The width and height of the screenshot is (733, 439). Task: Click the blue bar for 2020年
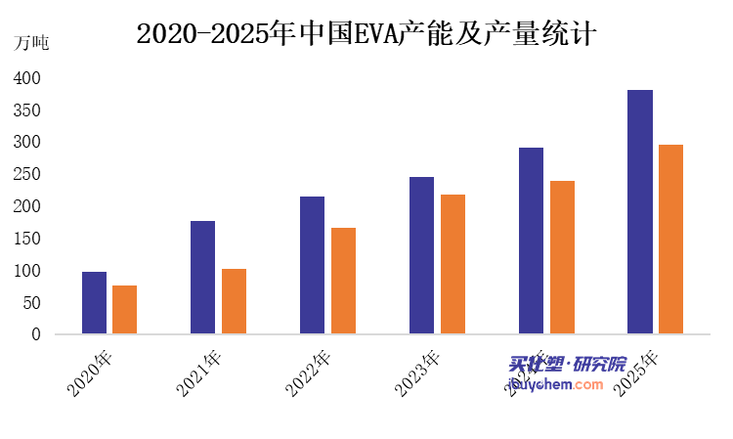click(x=94, y=303)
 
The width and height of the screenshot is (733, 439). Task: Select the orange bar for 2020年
click(x=124, y=310)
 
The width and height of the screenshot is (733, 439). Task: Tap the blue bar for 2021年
click(x=202, y=278)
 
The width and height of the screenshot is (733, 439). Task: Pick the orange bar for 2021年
click(x=234, y=302)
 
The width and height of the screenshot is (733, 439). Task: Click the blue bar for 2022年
click(x=312, y=266)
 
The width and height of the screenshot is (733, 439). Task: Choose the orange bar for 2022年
click(x=343, y=282)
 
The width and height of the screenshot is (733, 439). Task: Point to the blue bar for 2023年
click(x=421, y=256)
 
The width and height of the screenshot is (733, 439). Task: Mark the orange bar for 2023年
click(x=453, y=265)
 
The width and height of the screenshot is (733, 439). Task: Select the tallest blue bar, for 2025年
click(x=640, y=212)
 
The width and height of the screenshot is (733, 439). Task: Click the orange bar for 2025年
click(x=670, y=240)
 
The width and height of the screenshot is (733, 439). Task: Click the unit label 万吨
click(x=31, y=43)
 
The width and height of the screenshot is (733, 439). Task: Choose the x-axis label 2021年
click(x=199, y=373)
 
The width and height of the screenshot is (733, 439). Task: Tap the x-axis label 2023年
click(x=418, y=373)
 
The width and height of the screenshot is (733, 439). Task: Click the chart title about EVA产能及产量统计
click(x=366, y=33)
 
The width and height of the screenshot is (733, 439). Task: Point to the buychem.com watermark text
click(x=557, y=385)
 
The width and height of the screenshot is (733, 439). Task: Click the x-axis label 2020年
click(x=90, y=373)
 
